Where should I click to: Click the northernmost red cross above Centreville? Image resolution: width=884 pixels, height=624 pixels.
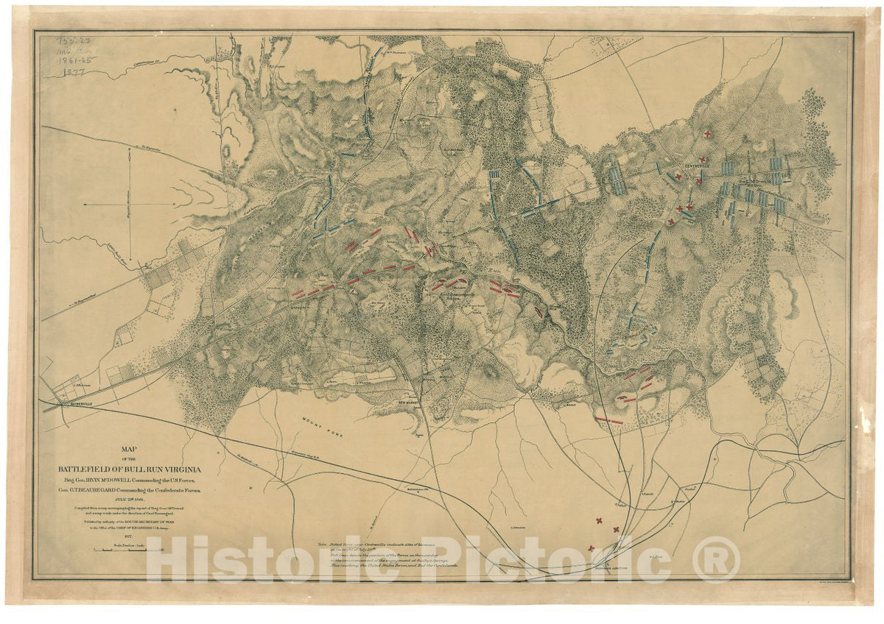707,134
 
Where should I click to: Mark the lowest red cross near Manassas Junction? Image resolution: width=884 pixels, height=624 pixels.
591,548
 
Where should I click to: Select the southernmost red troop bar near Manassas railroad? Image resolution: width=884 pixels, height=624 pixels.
608,420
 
